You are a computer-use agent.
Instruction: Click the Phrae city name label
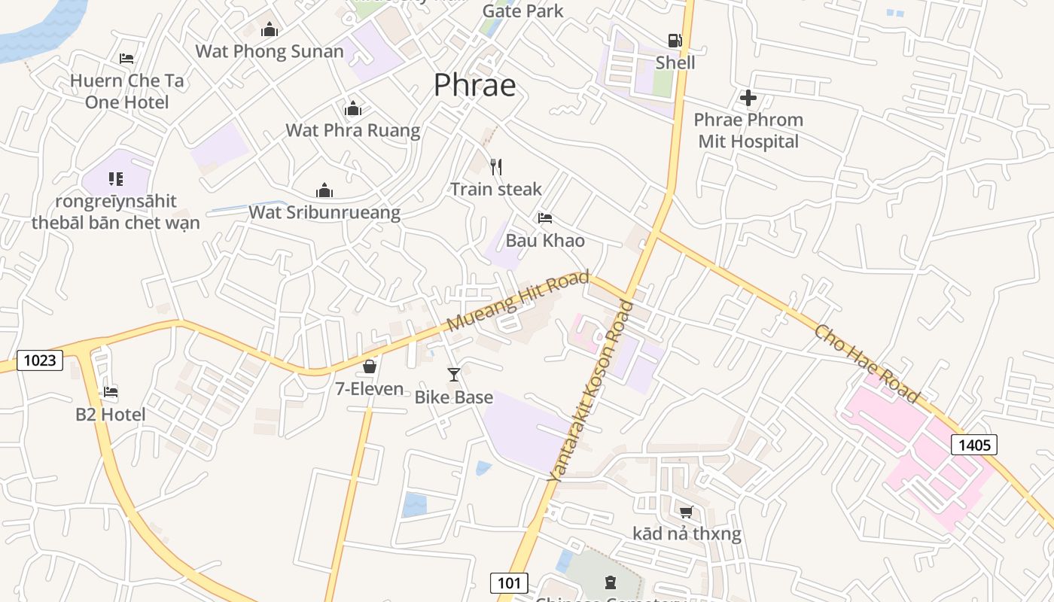[474, 85]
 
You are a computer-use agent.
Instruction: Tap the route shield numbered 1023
[40, 360]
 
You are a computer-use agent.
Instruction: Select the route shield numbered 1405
[974, 445]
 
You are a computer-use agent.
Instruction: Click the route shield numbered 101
[509, 582]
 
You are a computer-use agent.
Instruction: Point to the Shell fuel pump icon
[675, 41]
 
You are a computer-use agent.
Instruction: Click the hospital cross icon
[748, 98]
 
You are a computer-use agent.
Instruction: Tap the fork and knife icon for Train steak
[495, 166]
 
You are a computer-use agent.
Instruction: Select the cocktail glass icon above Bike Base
[454, 374]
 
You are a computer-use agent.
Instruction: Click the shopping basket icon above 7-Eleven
[370, 366]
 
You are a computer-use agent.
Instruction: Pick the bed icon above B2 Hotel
[111, 392]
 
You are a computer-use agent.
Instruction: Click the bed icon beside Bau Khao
[545, 218]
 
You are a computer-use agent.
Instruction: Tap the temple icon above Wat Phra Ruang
[352, 109]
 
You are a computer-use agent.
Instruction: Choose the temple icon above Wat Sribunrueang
[324, 190]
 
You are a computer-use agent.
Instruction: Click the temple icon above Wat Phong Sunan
[269, 30]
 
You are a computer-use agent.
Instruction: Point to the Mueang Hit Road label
[517, 301]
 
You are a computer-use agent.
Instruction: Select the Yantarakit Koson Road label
[590, 391]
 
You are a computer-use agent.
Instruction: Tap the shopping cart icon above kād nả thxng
[686, 512]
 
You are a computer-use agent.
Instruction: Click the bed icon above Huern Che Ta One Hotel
[126, 59]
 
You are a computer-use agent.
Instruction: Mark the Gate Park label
[522, 11]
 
